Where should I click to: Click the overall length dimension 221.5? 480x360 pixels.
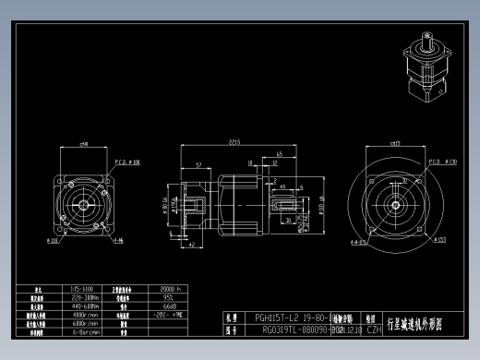tap(236, 141)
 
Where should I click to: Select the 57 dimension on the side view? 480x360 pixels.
tap(199, 165)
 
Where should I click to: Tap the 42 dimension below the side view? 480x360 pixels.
tap(190, 246)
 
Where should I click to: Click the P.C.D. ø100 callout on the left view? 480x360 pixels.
tap(127, 162)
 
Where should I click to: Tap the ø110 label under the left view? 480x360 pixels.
tap(53, 243)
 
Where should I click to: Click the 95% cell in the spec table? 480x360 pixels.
tap(169, 297)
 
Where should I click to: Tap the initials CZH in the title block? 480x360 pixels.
tap(374, 328)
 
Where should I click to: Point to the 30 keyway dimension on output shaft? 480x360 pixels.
tap(289, 221)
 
